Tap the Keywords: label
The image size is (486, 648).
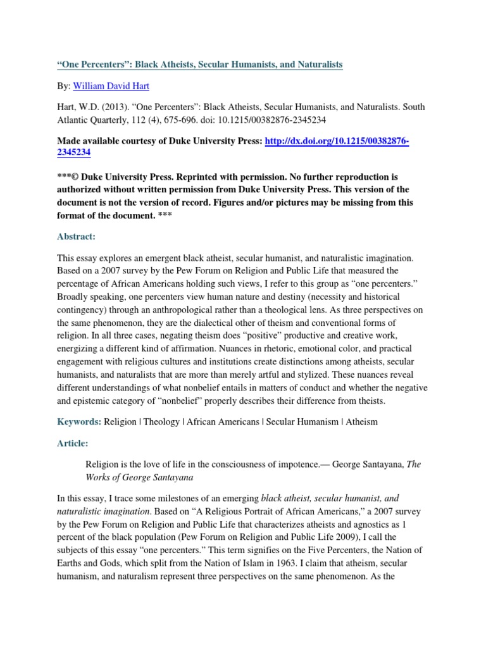coord(80,421)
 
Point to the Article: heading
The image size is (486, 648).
coord(73,443)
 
